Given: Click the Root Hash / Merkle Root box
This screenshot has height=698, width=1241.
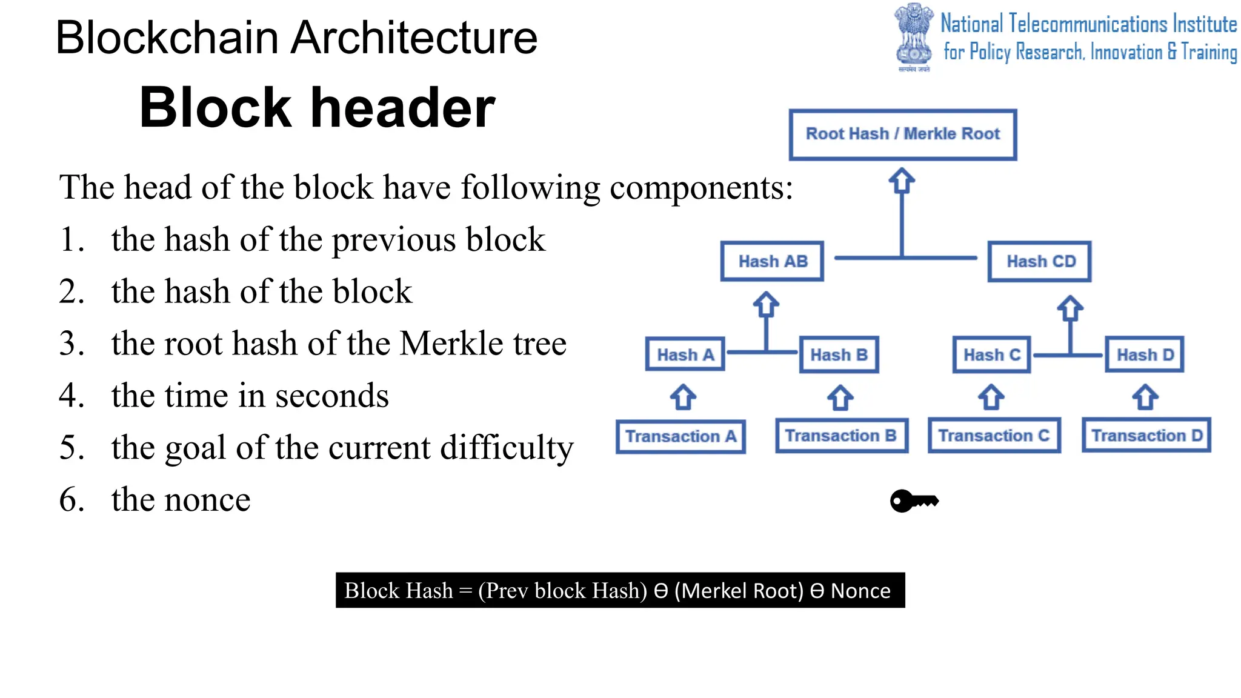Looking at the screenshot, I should point(902,135).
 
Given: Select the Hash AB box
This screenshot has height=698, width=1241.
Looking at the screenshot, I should point(772,261).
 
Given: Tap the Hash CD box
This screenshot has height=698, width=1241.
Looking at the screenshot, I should point(1040,261).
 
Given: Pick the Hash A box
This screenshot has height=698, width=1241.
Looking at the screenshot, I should point(685,354).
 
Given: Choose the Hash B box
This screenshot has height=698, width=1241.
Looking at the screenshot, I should point(839,354).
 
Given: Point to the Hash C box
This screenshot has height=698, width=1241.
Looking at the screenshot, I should point(991,354).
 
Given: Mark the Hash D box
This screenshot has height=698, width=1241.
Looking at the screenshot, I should point(1145,354).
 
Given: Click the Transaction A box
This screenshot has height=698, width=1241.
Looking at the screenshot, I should point(680,436).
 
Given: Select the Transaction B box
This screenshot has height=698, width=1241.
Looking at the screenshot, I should point(841,436).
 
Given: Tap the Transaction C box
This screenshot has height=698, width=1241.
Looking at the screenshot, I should point(994,436).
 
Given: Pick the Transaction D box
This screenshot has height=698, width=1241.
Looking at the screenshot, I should point(1146,436).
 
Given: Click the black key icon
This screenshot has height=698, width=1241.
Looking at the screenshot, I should point(914,501).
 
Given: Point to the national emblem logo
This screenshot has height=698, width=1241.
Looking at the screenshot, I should point(914,36).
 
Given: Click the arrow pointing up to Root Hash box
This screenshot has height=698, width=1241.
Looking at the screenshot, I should point(902,181).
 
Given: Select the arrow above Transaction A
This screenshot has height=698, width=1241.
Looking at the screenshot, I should point(683,397).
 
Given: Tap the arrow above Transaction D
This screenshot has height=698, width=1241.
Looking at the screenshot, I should point(1145,397).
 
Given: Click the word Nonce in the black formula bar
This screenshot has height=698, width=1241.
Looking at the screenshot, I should point(860,591).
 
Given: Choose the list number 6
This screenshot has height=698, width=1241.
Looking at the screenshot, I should point(71,500).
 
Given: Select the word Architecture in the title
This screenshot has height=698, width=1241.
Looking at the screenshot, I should point(414,38).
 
